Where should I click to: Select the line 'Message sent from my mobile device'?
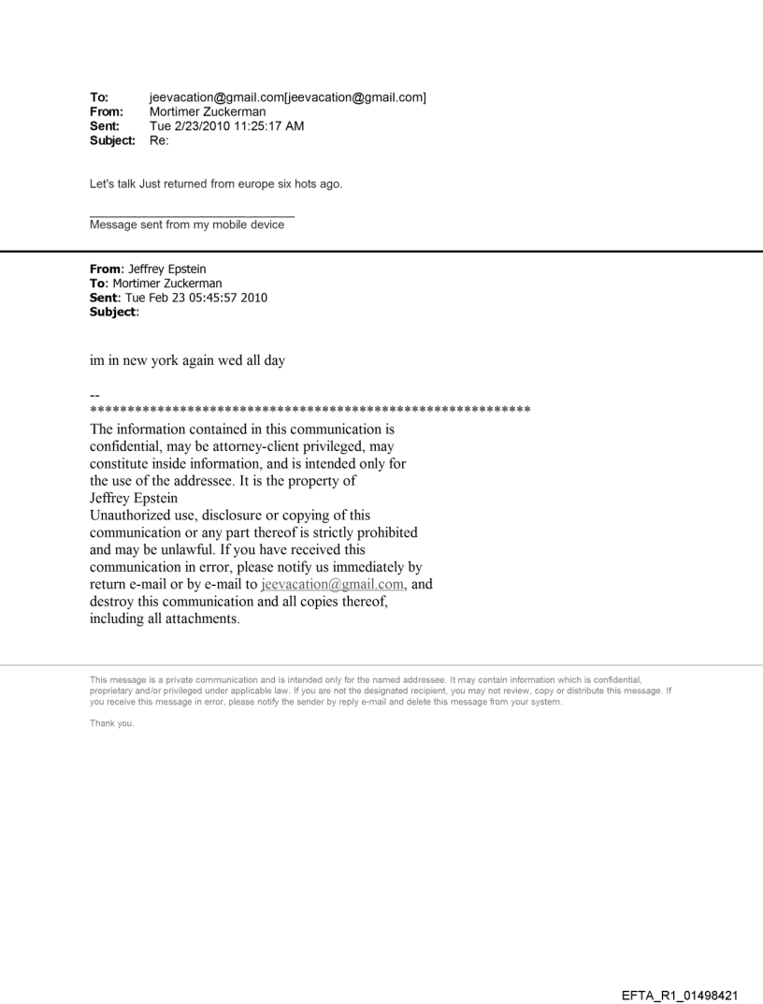(187, 225)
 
